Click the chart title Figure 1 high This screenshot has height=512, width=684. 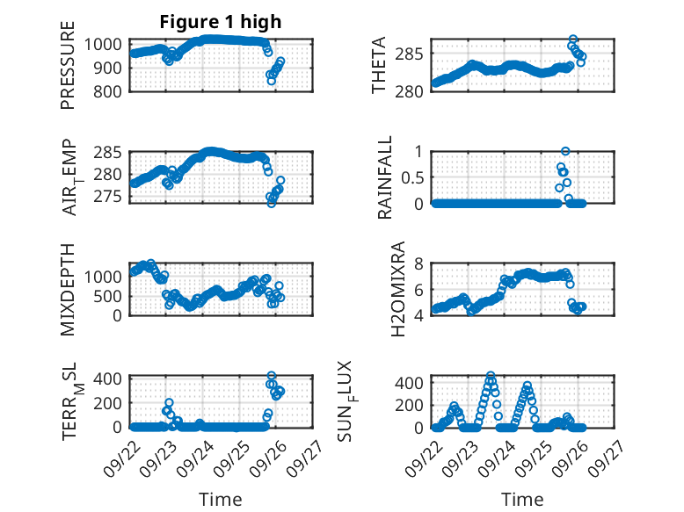(x=220, y=22)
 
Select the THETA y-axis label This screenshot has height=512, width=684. (x=379, y=66)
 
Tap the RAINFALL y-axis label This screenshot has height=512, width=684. (x=385, y=178)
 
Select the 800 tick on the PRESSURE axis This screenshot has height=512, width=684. (x=110, y=90)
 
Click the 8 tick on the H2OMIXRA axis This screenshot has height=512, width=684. (x=421, y=263)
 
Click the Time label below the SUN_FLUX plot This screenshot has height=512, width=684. (x=522, y=499)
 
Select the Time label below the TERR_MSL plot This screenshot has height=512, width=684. (x=220, y=499)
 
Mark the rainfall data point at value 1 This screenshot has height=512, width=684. (x=565, y=151)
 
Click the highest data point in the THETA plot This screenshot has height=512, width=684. (x=573, y=40)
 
